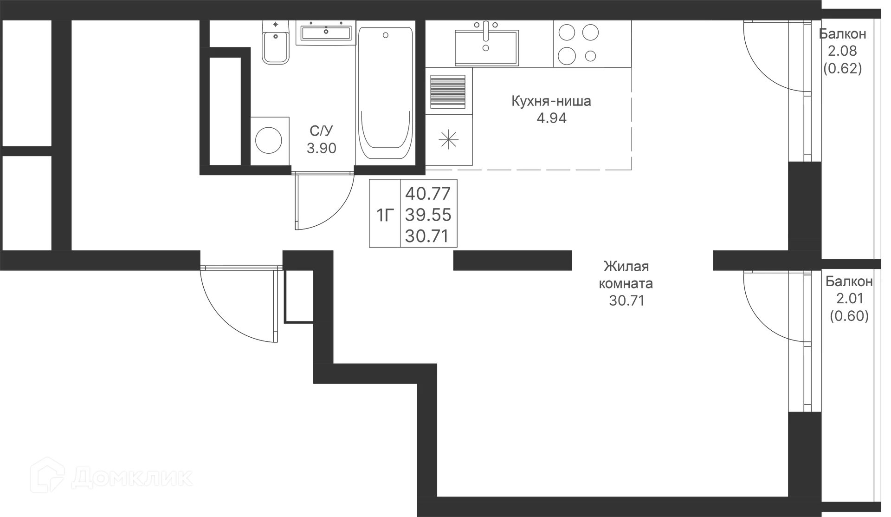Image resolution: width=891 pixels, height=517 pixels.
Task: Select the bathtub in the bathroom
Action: coord(385,93)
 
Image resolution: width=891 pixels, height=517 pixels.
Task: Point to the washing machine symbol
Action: coord(270,140)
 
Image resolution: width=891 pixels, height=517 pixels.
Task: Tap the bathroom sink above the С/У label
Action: coord(326,33)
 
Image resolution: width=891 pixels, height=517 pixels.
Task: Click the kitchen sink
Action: coord(485,44)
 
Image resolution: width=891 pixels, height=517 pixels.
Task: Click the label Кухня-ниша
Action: coord(551,101)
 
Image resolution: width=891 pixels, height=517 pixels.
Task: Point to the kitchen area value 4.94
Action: coord(551,119)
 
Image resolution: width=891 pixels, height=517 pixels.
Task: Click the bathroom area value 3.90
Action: coord(321,149)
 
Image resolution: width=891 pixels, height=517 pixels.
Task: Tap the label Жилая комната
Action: coord(626,275)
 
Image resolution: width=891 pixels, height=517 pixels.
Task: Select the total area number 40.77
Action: coord(428,193)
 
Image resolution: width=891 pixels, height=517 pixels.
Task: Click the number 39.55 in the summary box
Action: coord(428,215)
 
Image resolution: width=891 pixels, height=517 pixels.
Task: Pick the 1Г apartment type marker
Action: coord(385,215)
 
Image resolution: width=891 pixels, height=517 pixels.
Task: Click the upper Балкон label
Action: coord(842,34)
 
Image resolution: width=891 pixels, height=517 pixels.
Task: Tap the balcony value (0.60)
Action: coord(848,316)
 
